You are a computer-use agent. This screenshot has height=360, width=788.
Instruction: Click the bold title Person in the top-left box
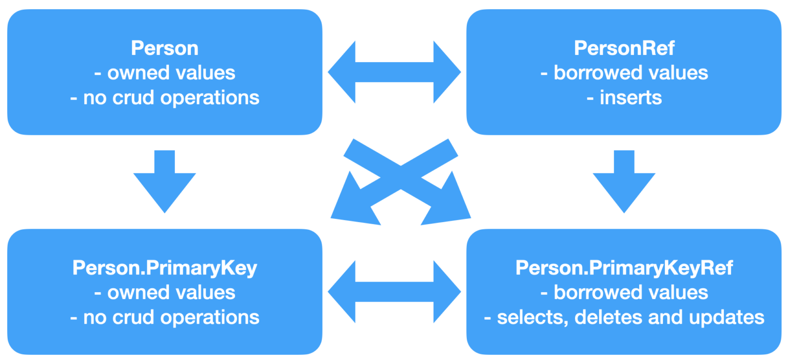click(x=165, y=48)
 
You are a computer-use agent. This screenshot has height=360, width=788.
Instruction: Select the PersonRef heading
click(x=624, y=48)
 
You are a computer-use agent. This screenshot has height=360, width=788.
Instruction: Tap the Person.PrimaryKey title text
click(x=165, y=268)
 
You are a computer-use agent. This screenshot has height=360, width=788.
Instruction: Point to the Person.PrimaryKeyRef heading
click(x=624, y=268)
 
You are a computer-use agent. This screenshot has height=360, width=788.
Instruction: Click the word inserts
click(x=631, y=97)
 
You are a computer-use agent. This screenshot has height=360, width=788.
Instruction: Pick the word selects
click(x=532, y=317)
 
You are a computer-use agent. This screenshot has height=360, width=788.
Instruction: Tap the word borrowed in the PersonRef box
click(x=595, y=73)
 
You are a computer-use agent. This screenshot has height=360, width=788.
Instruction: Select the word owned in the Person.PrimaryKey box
click(x=136, y=293)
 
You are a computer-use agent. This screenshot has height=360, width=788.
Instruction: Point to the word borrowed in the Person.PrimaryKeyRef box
click(x=595, y=293)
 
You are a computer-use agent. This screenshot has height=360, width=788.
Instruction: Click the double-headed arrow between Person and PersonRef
click(x=394, y=72)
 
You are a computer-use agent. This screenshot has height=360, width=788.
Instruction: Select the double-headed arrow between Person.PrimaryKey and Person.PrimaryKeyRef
click(x=394, y=292)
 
